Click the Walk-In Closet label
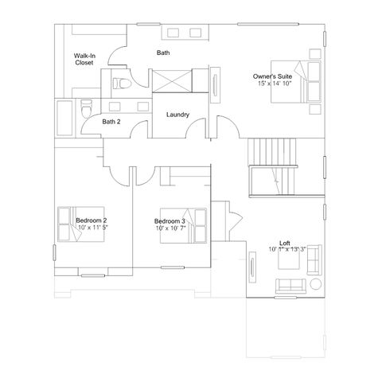click(84, 59)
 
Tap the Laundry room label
click(177, 115)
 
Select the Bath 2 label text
click(111, 122)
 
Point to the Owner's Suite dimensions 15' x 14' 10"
click(275, 84)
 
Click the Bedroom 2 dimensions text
click(93, 228)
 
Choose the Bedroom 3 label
click(170, 221)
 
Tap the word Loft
click(285, 243)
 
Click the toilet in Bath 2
click(86, 108)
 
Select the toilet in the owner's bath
click(122, 84)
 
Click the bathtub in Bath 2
click(64, 118)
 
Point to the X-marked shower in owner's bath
click(172, 81)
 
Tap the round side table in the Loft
click(316, 284)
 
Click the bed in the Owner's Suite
click(296, 82)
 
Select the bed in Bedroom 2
click(81, 224)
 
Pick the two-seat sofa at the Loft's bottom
click(290, 286)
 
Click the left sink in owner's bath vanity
click(173, 33)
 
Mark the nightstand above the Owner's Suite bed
click(315, 54)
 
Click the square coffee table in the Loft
click(289, 259)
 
